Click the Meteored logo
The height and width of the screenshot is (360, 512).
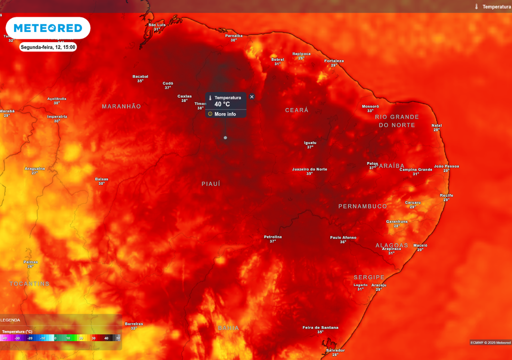[x=47, y=28]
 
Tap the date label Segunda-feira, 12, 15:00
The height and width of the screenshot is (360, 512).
[x=48, y=47]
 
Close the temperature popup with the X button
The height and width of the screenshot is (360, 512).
[x=251, y=97]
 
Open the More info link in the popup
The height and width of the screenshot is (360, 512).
[x=224, y=114]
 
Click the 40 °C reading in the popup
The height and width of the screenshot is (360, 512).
[x=222, y=104]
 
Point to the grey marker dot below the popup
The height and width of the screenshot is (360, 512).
[x=225, y=137]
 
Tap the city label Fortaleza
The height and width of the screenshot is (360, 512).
[x=333, y=61]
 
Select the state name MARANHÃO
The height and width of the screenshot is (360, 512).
[x=121, y=106]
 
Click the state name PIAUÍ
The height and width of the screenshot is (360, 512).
[x=211, y=184]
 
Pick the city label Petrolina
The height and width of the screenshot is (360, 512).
[x=273, y=236]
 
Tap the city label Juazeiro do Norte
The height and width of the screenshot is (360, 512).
[x=309, y=169]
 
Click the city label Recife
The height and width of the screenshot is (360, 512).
[x=446, y=195]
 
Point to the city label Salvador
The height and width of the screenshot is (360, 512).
[x=335, y=350]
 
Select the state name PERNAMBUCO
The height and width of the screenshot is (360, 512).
[x=362, y=206]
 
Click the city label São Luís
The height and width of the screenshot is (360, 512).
[x=157, y=24]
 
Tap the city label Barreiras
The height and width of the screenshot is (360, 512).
[x=134, y=323]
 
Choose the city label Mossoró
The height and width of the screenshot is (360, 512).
[x=370, y=106]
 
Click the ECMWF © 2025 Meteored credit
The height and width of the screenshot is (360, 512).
[x=490, y=342]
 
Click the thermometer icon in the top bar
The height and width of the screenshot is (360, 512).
[x=476, y=6]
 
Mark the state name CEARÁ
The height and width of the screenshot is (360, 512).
[x=296, y=110]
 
